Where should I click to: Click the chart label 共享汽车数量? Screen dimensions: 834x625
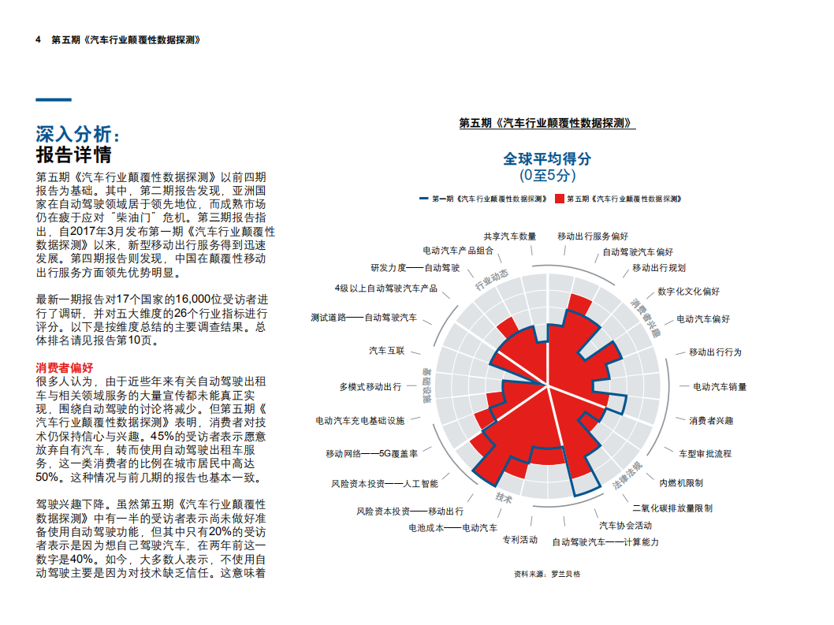[x=509, y=236]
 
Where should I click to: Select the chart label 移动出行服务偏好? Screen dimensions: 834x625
[x=592, y=236]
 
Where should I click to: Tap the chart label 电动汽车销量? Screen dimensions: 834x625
[x=719, y=387]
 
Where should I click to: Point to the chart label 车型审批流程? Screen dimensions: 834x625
[x=705, y=453]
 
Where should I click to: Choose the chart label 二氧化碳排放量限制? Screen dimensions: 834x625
[x=672, y=508]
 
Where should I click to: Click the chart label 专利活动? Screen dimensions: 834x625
[x=519, y=539]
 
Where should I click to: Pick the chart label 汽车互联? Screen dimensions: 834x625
[x=386, y=350]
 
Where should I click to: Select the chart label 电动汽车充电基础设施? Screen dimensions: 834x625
[x=359, y=421]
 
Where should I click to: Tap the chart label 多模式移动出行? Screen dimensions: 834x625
[x=370, y=387]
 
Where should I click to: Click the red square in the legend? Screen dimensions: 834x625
[x=560, y=199]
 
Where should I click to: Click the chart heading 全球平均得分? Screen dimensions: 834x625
[x=547, y=158]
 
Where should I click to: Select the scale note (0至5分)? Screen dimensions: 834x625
[x=547, y=176]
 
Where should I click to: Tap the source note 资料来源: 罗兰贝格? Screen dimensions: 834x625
[x=546, y=574]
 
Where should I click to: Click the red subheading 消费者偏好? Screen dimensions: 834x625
[x=65, y=367]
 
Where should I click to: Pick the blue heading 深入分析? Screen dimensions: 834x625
[x=79, y=132]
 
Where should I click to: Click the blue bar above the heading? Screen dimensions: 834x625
[x=54, y=100]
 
